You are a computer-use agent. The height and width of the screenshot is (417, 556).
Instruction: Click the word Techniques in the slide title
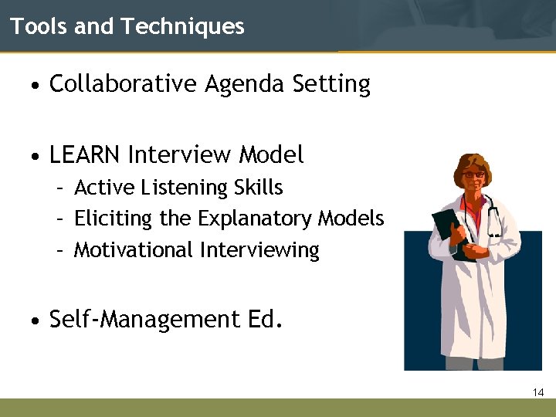pos(182,27)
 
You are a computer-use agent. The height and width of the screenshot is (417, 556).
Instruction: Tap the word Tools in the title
pos(38,27)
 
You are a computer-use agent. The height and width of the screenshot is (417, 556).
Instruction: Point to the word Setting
pos(331,85)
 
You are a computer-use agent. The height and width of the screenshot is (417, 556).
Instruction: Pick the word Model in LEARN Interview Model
pos(271,155)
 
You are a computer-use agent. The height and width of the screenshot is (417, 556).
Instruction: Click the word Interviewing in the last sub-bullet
pos(259,251)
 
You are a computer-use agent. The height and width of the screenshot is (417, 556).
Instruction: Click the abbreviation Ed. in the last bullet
pos(264,319)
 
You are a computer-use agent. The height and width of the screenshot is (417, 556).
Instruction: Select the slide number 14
pos(538,393)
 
